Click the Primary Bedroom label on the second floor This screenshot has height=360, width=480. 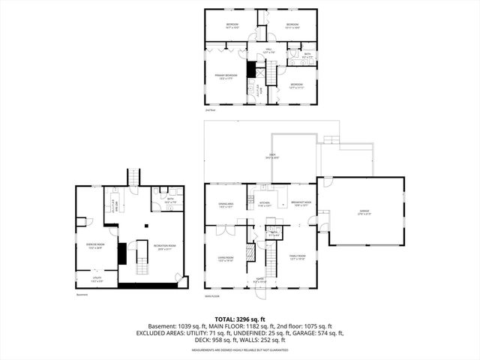(x=227, y=76)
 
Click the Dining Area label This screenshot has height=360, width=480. (x=226, y=205)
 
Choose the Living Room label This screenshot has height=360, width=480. (x=226, y=259)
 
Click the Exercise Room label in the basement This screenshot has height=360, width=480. (x=95, y=244)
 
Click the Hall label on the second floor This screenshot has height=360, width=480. (x=268, y=50)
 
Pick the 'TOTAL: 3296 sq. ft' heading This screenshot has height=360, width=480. (x=239, y=319)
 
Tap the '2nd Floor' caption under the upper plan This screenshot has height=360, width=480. (x=211, y=110)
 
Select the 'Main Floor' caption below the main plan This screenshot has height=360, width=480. (x=211, y=295)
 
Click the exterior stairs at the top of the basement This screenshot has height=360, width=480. (x=135, y=177)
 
